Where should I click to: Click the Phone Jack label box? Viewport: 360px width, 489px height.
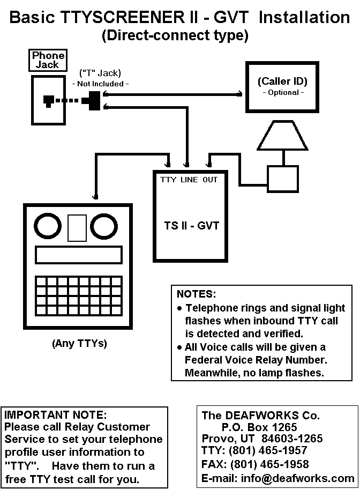(48, 60)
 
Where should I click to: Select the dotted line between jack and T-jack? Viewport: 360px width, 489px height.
(69, 101)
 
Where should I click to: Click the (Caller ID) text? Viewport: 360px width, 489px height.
(282, 81)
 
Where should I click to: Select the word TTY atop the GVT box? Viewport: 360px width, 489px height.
(168, 180)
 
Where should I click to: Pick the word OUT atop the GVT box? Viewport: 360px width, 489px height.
(210, 180)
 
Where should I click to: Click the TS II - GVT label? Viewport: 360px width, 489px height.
(192, 226)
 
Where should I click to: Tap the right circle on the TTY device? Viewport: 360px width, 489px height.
(104, 227)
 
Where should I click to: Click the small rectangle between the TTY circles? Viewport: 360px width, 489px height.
(77, 227)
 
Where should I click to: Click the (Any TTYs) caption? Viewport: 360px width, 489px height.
(79, 344)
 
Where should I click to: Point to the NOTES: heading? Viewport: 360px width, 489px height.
(197, 294)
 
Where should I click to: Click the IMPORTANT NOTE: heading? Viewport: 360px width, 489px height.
(56, 414)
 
